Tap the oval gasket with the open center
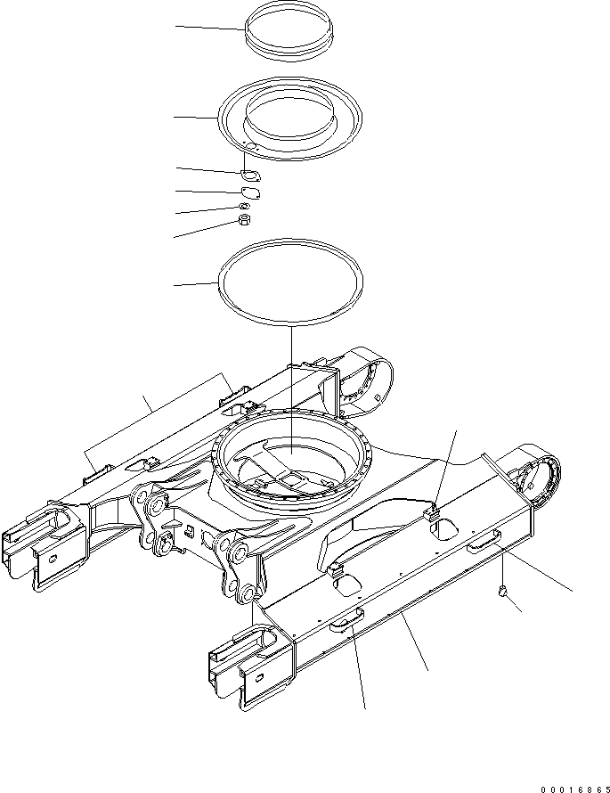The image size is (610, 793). tap(250, 174)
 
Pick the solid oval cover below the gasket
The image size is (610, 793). tap(250, 191)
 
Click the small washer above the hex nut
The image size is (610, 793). tap(243, 208)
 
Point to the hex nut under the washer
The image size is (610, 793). tap(243, 220)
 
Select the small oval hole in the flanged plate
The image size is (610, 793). tap(251, 148)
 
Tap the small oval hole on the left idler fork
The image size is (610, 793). tap(54, 558)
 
